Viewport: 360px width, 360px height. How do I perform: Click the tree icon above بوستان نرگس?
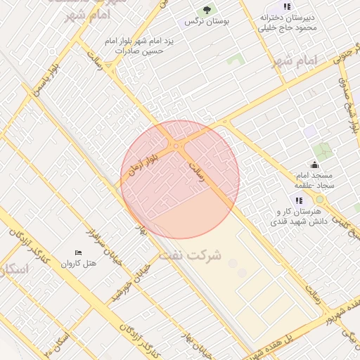click(x=207, y=10)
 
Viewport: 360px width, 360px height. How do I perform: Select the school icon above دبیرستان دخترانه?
click(x=287, y=6)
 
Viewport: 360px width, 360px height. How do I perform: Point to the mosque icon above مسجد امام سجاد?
click(x=314, y=165)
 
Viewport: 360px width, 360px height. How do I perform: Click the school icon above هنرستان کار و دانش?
click(x=299, y=200)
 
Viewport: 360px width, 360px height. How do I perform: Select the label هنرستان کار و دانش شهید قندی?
click(x=297, y=216)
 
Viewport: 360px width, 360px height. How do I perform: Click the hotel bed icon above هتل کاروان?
click(x=78, y=252)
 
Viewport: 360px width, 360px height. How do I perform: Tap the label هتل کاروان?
click(x=77, y=264)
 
